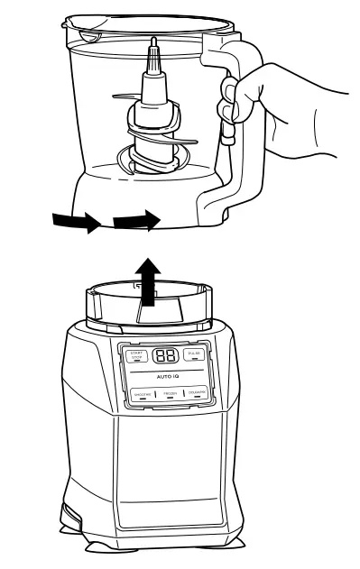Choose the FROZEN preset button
point(169,395)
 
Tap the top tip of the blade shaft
point(154,44)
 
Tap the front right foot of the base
point(242,545)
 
